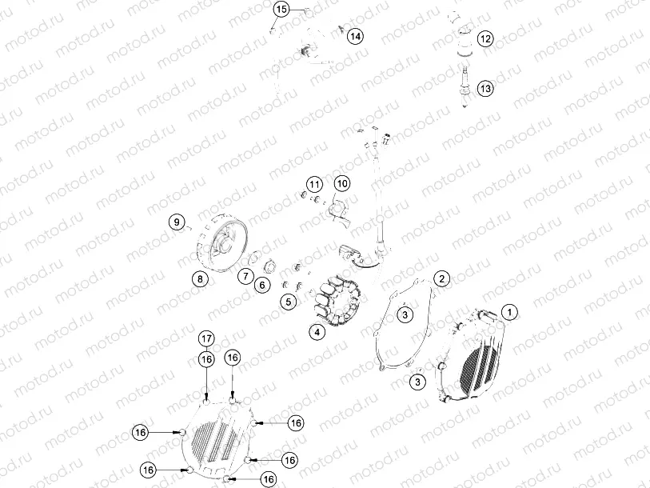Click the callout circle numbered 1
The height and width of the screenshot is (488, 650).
tap(508, 310)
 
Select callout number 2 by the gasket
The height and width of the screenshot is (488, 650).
tap(441, 278)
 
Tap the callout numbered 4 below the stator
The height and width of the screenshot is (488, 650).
tap(317, 332)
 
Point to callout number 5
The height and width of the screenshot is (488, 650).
tap(289, 301)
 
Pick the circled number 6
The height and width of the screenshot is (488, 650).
tap(261, 284)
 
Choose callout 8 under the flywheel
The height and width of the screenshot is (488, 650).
tap(198, 278)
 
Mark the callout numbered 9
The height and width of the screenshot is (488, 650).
tap(176, 222)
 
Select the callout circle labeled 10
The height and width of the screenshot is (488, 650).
tap(342, 185)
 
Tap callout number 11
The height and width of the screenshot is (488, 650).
tap(313, 185)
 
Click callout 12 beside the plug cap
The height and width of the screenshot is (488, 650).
tap(485, 38)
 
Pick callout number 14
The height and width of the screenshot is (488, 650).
tap(354, 36)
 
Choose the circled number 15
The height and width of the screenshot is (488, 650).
tap(281, 10)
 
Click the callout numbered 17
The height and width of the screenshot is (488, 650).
tap(205, 338)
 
